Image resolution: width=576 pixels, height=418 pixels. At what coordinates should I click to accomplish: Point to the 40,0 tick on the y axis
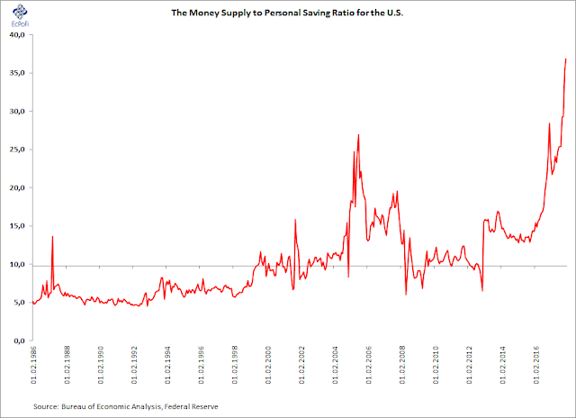click(19, 35)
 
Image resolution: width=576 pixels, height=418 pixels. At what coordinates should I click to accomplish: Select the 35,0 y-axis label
click(19, 73)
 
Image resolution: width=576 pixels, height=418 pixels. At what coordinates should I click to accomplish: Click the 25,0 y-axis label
click(19, 150)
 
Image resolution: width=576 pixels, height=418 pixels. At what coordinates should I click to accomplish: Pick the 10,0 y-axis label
click(19, 265)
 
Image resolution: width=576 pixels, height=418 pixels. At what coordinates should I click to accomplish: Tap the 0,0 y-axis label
click(21, 341)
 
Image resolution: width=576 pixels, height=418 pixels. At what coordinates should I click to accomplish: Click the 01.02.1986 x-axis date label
click(33, 369)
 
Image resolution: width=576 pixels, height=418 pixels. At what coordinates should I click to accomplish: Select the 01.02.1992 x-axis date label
click(132, 369)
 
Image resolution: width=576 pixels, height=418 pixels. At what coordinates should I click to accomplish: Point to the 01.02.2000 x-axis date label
click(265, 369)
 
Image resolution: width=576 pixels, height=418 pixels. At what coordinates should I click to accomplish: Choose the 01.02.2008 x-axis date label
click(399, 369)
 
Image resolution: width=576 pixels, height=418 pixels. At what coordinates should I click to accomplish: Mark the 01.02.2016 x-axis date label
click(531, 369)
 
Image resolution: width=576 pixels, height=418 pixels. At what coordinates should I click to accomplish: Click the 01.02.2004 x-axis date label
click(332, 369)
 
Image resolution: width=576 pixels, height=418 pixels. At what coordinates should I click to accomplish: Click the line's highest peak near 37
click(565, 59)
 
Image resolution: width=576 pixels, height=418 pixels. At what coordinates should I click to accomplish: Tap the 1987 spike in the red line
click(53, 236)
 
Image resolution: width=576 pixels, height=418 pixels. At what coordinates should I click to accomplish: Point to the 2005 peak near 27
click(358, 135)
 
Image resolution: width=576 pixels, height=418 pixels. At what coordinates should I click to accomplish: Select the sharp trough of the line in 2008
click(406, 294)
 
